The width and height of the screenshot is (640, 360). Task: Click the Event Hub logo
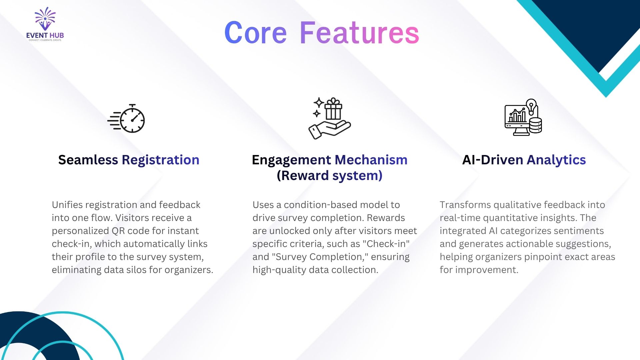[45, 24]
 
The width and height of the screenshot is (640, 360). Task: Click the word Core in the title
[255, 33]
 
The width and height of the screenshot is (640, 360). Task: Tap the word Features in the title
[359, 33]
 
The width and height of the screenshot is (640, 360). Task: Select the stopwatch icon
[126, 118]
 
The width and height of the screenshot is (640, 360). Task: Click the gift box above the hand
[333, 109]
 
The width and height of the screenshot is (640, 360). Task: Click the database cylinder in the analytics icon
[535, 125]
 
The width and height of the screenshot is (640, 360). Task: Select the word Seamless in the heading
[88, 160]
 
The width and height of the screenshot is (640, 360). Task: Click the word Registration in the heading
[161, 160]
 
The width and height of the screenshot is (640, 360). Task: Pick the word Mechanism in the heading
[371, 160]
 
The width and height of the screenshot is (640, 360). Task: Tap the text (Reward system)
[330, 176]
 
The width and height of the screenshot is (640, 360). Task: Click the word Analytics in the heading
[556, 160]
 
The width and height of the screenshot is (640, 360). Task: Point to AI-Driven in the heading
[493, 160]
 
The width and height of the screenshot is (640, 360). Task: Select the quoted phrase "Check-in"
[388, 244]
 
